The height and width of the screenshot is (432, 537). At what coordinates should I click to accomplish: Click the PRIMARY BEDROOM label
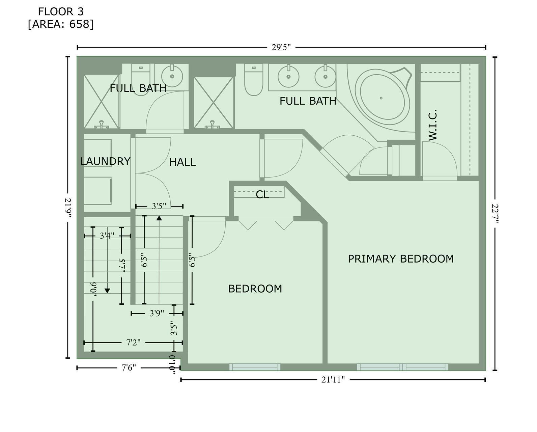[x=401, y=259]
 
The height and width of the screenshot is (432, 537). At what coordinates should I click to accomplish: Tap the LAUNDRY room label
[x=105, y=161]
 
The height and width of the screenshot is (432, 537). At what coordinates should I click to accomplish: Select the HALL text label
[x=182, y=162]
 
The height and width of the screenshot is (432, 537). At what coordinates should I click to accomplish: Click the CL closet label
[x=262, y=194]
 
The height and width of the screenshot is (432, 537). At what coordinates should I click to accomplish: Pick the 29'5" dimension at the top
[x=281, y=47]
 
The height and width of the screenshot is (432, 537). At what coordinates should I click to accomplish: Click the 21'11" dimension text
[x=333, y=380]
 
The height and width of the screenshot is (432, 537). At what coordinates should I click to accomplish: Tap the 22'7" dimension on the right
[x=495, y=214]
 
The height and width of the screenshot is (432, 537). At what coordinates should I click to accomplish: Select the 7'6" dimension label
[x=129, y=368]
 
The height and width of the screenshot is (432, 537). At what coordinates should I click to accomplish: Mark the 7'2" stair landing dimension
[x=134, y=342]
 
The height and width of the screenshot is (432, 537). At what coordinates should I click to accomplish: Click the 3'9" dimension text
[x=157, y=313]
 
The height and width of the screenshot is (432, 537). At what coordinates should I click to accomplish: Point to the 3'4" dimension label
[x=107, y=236]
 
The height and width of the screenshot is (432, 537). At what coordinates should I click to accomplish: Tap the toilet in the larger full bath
[x=254, y=80]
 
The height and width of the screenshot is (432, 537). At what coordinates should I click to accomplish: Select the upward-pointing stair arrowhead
[x=159, y=218]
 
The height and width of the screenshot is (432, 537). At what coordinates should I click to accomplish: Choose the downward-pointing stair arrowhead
[x=107, y=291]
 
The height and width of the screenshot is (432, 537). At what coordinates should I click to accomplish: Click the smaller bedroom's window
[x=255, y=367]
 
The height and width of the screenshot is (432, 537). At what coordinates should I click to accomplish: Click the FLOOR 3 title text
[x=61, y=11]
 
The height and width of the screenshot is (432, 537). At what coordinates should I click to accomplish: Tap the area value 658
[x=79, y=24]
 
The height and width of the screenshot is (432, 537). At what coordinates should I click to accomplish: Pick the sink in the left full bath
[x=172, y=76]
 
